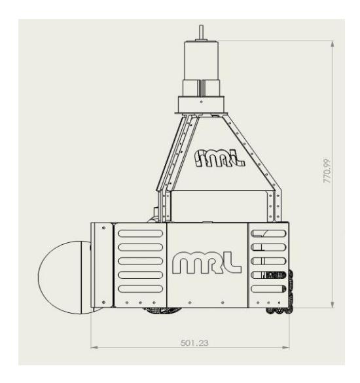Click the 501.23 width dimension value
[x=194, y=342]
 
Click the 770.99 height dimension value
[x=327, y=171]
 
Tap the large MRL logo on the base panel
[x=207, y=263]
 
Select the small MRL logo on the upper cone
[x=219, y=158]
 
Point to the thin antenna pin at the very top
[x=201, y=33]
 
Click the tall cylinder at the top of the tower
[x=201, y=60]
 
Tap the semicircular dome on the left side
[x=65, y=278]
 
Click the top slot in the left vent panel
[x=141, y=234]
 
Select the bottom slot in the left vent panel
[x=141, y=289]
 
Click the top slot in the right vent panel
[x=268, y=234]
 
